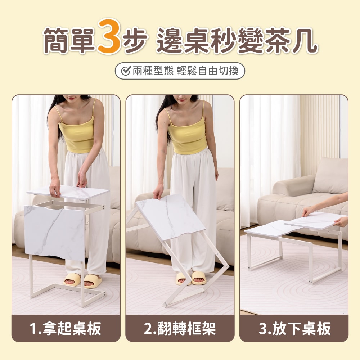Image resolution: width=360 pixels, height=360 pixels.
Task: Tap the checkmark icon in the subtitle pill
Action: (x=126, y=71)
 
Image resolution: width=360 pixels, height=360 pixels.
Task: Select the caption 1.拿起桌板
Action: (x=66, y=329)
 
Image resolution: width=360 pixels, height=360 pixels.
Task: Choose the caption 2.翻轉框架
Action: (x=180, y=329)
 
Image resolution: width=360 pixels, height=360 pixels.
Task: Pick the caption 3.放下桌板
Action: (x=294, y=329)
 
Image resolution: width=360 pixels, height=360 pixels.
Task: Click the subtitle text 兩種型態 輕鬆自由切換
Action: (x=185, y=71)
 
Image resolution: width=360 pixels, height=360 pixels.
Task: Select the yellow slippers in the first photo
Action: (x=82, y=280)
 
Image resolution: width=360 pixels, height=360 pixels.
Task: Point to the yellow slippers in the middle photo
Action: (x=191, y=278)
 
